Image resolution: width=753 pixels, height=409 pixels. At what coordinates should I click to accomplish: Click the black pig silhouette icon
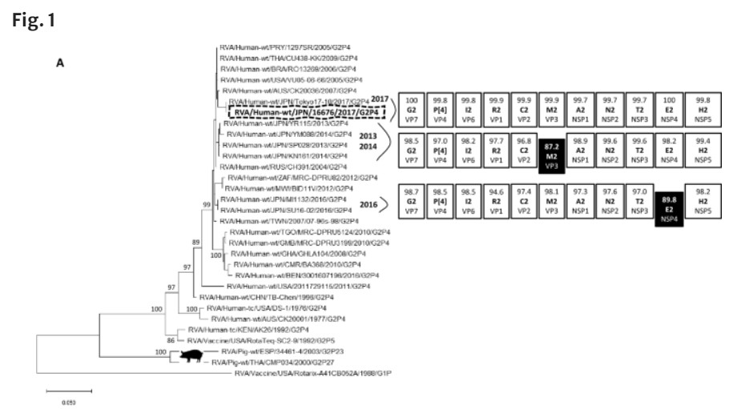coord(191,354)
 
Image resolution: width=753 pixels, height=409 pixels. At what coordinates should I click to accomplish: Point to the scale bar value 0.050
coord(68,403)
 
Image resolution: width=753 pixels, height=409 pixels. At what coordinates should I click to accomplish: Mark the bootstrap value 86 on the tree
coord(170,340)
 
